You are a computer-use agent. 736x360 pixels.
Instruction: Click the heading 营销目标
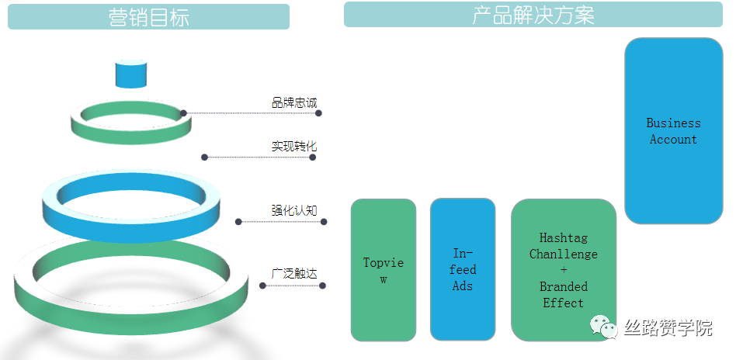coord(149,17)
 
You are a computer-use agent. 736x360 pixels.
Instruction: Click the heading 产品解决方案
coord(533,15)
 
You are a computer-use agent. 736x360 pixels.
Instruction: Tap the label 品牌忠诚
coord(294,102)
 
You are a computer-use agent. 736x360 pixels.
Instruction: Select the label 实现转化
coord(294,146)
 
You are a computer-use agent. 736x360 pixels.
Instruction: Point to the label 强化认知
coord(294,210)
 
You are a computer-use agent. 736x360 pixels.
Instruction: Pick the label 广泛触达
coord(294,273)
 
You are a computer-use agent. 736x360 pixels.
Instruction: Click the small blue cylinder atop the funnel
coord(131,74)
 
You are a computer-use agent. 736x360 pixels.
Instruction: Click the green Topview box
coord(384,270)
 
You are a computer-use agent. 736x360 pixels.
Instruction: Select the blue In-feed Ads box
coord(463,269)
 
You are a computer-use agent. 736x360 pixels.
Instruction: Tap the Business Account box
coord(674,131)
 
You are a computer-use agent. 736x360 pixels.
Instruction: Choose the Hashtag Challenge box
coord(564,270)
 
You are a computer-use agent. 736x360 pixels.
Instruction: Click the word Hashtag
coord(564,238)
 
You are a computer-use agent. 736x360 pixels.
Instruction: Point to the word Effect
coord(564,303)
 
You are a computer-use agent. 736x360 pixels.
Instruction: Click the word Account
coord(674,140)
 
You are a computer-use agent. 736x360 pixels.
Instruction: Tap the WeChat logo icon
coord(604,326)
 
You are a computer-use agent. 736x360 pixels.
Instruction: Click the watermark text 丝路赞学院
coord(668,327)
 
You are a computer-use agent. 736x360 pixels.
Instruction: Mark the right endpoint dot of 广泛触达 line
coord(322,286)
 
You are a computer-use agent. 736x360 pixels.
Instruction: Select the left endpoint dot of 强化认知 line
coord(238,222)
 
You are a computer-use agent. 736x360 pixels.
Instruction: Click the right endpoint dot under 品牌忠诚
coord(319,113)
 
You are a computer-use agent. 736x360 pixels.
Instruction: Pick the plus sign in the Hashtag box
coord(564,270)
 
